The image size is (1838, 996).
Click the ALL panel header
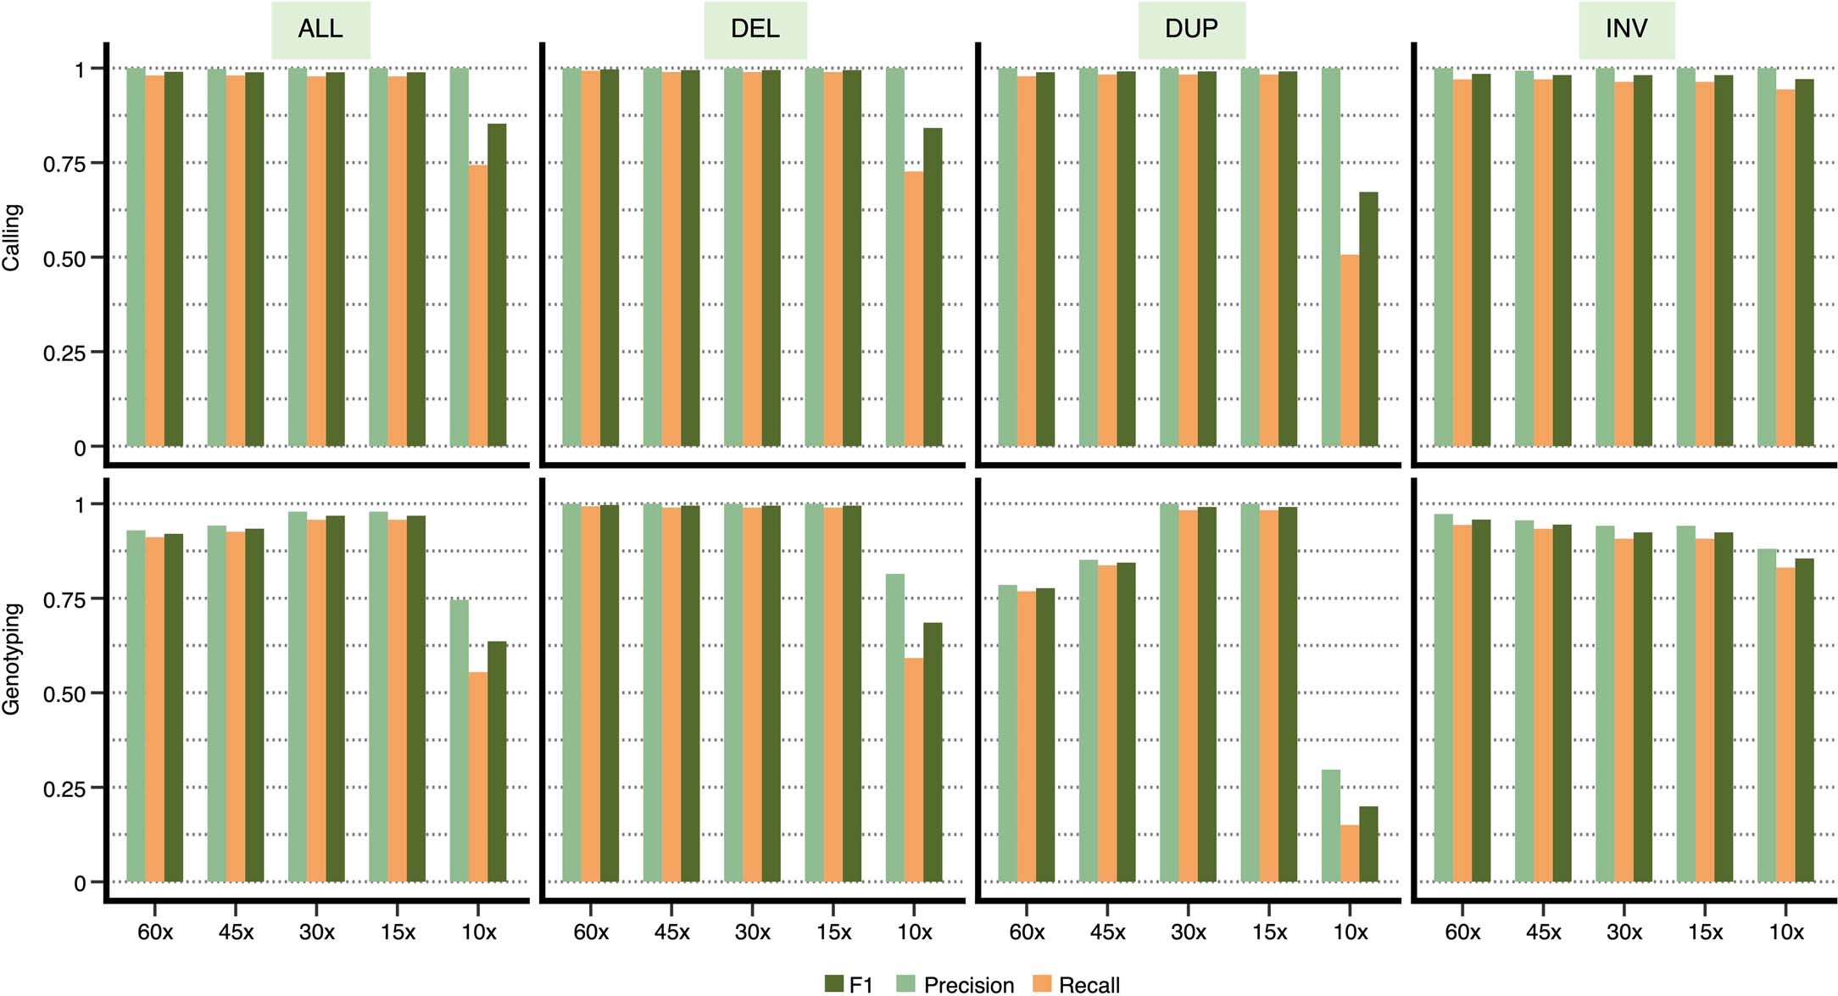(x=320, y=29)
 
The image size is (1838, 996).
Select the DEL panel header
(x=755, y=29)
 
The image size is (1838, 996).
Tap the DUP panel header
(x=1191, y=29)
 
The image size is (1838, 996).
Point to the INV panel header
(x=1626, y=29)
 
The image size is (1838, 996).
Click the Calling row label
(x=12, y=237)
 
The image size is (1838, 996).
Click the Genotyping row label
(x=12, y=659)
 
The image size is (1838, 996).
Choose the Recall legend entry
(x=1077, y=984)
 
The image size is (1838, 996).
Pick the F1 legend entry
(x=849, y=984)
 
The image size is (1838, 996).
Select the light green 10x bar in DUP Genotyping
(x=1331, y=826)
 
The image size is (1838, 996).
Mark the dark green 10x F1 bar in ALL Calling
(x=497, y=285)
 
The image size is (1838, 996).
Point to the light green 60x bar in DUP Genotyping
(x=1007, y=733)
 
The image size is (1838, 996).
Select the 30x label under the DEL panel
(x=753, y=932)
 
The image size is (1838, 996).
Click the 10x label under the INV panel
(x=1786, y=932)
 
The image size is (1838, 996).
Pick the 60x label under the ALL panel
(x=155, y=932)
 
